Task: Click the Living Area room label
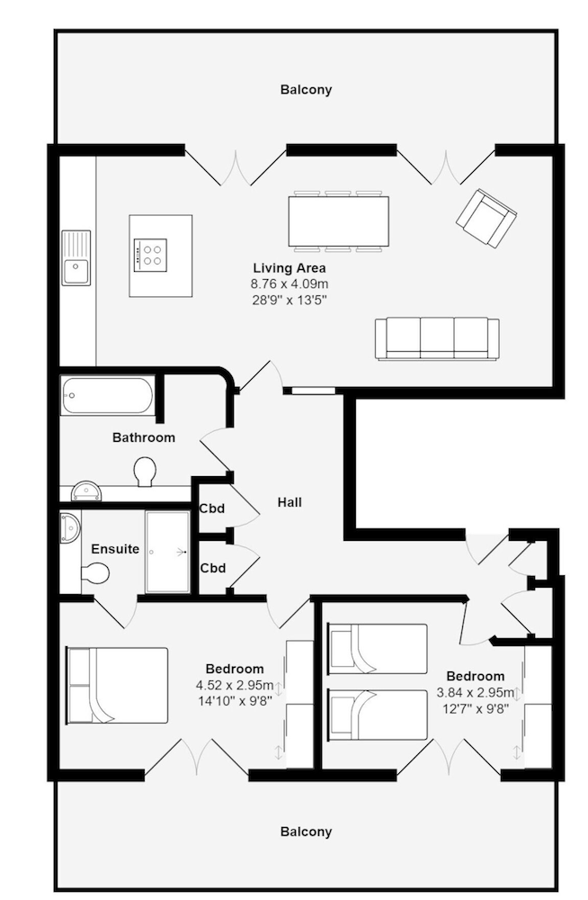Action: click(x=289, y=268)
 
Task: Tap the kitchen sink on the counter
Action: click(x=76, y=258)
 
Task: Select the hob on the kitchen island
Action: click(x=150, y=254)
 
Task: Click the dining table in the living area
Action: click(x=338, y=220)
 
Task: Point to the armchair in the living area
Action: click(x=486, y=218)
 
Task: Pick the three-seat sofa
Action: click(x=437, y=338)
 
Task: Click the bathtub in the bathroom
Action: click(x=108, y=394)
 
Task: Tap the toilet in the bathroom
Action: click(x=144, y=470)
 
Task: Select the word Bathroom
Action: click(x=144, y=437)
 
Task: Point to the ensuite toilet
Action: click(x=94, y=572)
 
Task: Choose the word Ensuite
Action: click(x=115, y=549)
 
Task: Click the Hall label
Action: click(x=290, y=502)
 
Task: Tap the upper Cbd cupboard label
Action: click(x=212, y=508)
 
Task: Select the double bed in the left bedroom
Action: click(x=118, y=685)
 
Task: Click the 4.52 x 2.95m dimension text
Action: click(x=235, y=685)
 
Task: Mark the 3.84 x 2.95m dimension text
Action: click(x=476, y=692)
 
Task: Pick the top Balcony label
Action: click(x=306, y=90)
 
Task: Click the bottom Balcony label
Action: click(x=306, y=832)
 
